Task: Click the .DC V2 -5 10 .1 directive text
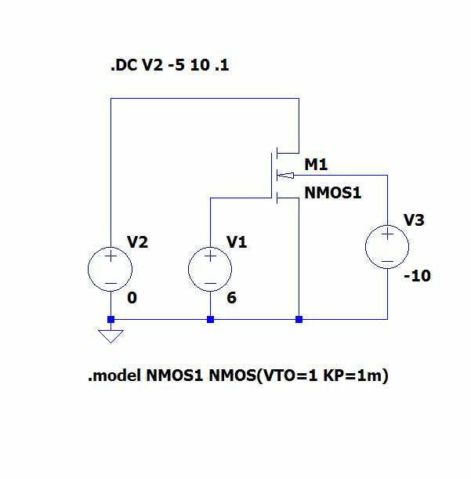169,67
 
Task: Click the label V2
137,242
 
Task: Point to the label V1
237,242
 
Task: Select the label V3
414,220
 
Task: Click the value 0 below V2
132,298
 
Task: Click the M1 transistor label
316,165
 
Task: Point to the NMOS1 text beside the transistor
332,191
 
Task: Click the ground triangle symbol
111,336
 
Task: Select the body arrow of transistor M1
286,175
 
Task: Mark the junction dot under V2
111,319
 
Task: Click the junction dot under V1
210,319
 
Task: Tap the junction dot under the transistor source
299,319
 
